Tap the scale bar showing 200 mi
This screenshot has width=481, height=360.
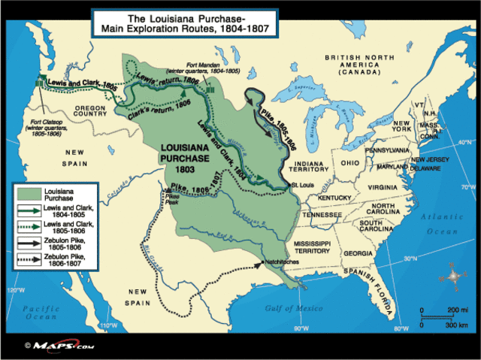(x=437, y=312)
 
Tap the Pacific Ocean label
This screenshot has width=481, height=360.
(x=40, y=313)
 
